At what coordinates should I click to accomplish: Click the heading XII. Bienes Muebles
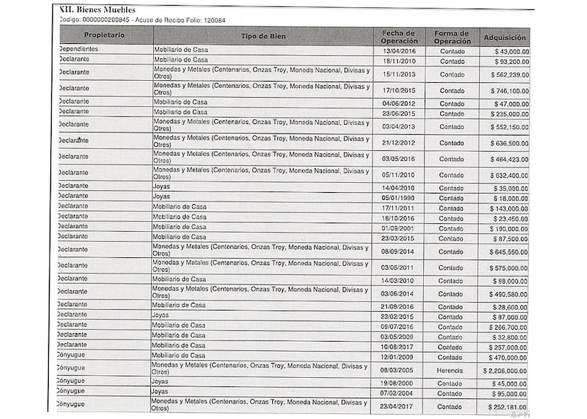(x=98, y=10)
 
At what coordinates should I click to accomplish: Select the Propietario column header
(x=105, y=36)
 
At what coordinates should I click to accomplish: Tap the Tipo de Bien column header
(x=263, y=36)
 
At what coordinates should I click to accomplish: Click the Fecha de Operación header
(x=399, y=36)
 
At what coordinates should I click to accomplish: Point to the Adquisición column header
(x=505, y=37)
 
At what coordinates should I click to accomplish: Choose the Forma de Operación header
(x=452, y=36)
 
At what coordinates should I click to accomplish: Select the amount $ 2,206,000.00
(x=503, y=370)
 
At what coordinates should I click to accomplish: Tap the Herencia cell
(x=450, y=370)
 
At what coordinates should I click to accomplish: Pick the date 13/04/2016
(x=400, y=51)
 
